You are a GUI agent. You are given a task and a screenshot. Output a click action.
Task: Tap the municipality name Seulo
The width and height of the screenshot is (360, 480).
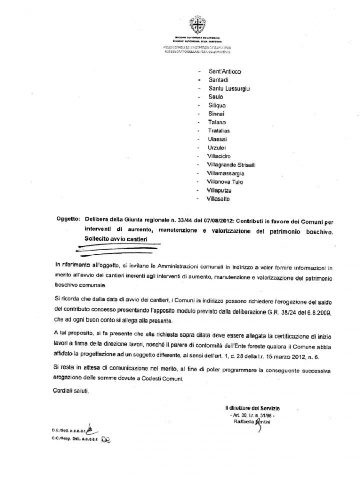point(216,97)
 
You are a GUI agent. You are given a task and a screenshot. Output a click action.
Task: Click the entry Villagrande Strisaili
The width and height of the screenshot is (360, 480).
point(231,165)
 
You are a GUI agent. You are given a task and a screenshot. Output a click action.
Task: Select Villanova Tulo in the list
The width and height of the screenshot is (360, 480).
point(225,182)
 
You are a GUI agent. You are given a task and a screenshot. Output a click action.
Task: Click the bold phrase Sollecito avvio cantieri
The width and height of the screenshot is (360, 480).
point(111,238)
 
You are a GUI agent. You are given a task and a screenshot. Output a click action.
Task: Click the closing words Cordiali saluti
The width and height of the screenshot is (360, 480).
point(73,390)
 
